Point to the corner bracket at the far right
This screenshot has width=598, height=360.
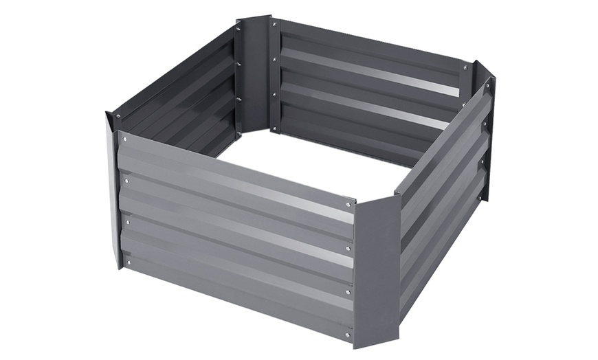click(x=485, y=131)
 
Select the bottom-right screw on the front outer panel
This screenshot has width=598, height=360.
click(x=348, y=335)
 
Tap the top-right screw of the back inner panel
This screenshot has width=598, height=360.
click(x=465, y=68)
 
